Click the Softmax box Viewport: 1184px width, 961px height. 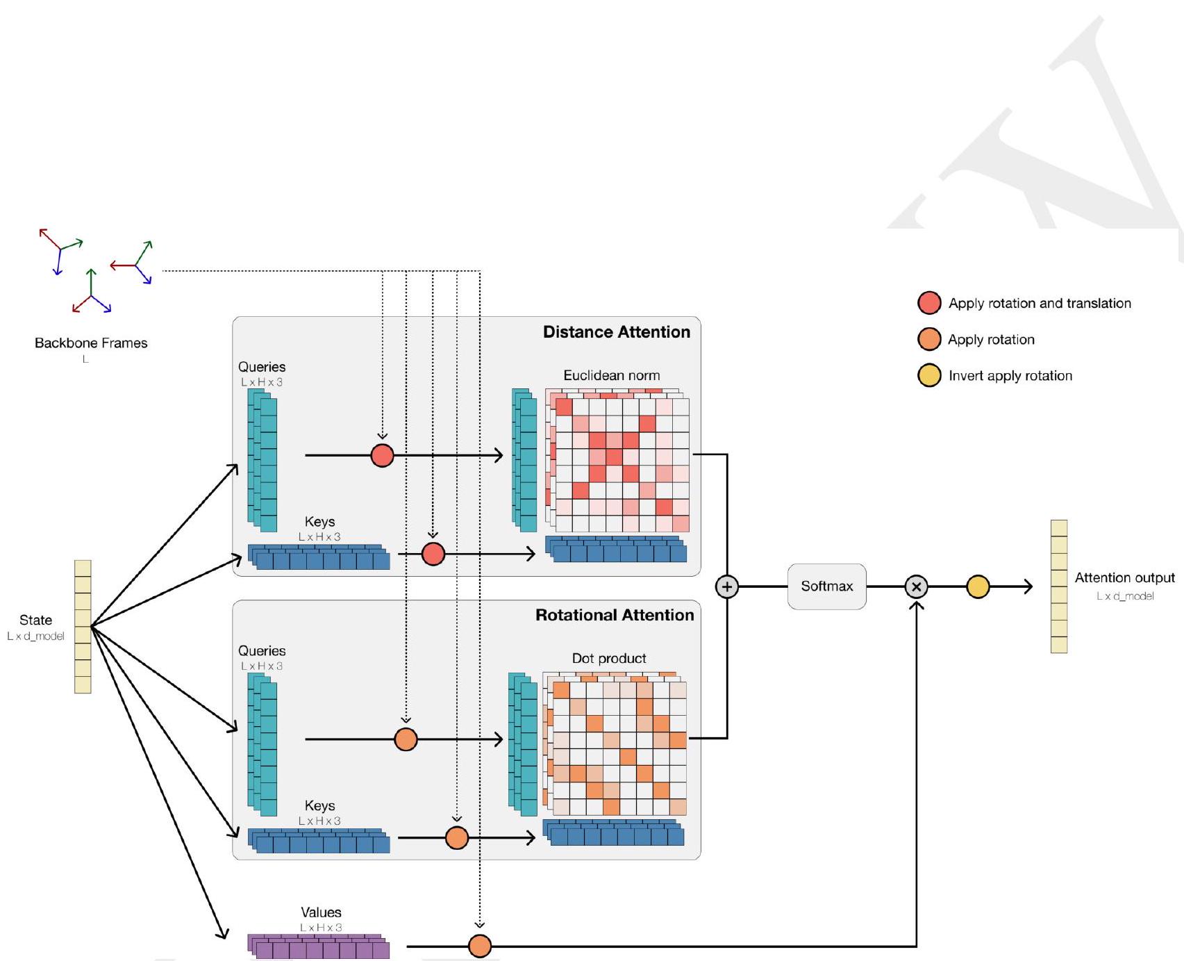pos(826,586)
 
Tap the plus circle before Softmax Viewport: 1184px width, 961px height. pos(726,586)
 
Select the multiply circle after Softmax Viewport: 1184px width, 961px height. pos(916,586)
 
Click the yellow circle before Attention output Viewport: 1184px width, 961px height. pos(978,586)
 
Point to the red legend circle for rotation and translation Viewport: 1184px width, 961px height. pos(929,303)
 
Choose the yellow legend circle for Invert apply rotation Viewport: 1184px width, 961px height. pos(929,375)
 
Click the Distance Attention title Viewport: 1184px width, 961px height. pos(616,332)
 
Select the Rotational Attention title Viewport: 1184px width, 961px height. pos(614,615)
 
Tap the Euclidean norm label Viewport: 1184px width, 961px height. pos(611,375)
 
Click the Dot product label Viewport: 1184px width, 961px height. pos(608,658)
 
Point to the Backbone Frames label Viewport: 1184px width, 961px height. pos(91,343)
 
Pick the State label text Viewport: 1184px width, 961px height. pos(35,620)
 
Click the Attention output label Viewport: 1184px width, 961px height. pos(1124,577)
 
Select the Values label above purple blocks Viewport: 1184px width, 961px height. pos(321,912)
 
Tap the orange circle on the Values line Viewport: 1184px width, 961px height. pos(480,946)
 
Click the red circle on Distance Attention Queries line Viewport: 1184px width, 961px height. pos(382,455)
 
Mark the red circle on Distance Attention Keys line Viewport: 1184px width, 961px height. pos(433,554)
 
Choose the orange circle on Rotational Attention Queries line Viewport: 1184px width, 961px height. pos(406,739)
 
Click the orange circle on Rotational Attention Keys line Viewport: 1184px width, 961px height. pos(456,837)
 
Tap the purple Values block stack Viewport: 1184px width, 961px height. pos(319,947)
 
